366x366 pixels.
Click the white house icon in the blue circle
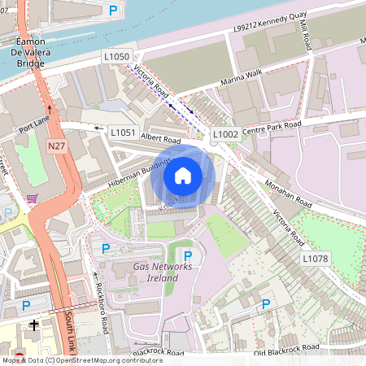coord(183,176)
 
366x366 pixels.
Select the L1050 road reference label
coord(116,56)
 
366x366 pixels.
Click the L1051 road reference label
coord(122,131)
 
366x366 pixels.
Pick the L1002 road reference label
coord(224,133)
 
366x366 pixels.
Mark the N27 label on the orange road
coord(56,146)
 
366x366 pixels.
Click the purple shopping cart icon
coord(32,199)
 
